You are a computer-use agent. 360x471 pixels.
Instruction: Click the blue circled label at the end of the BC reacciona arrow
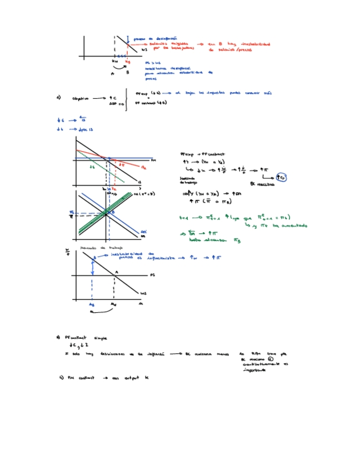point(282,178)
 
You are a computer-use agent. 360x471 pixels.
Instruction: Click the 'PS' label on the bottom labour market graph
point(152,275)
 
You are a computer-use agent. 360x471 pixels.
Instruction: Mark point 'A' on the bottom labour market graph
point(116,272)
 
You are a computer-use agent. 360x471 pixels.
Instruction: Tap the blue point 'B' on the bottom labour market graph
point(93,258)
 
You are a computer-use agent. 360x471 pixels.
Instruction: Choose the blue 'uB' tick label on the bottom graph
point(91,304)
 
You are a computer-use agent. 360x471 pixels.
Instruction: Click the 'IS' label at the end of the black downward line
point(138,182)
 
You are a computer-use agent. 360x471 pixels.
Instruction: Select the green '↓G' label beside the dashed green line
point(93,167)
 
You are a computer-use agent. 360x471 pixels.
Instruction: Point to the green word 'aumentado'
point(293,226)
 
